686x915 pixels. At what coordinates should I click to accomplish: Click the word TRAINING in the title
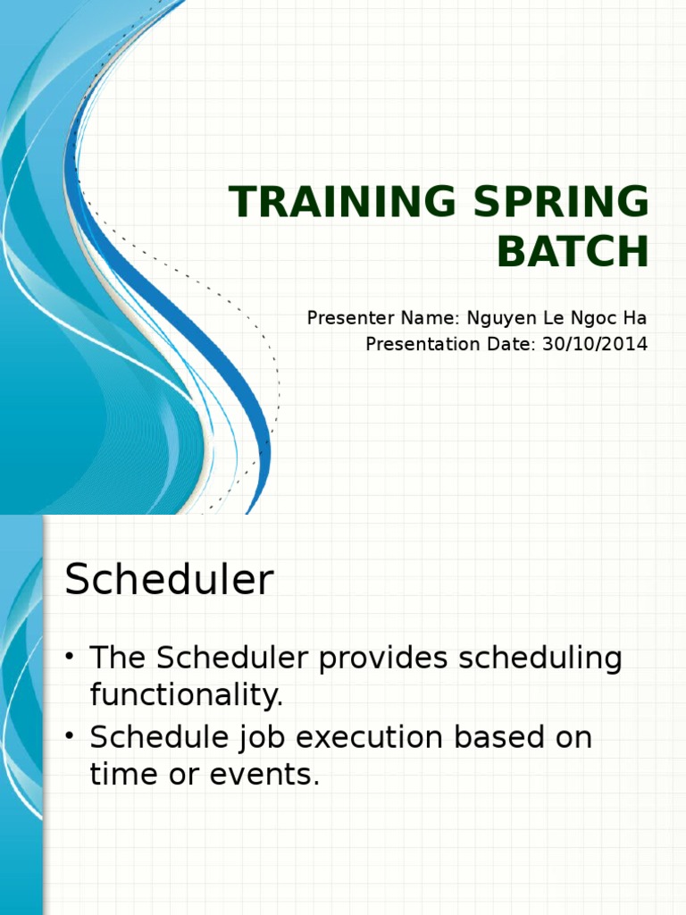(x=342, y=201)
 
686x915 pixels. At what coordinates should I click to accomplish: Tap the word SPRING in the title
(x=561, y=201)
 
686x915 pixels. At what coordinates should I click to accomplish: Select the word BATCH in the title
(x=573, y=251)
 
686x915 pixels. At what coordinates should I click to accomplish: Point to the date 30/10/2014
(x=595, y=344)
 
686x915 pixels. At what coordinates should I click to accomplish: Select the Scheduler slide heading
(x=169, y=579)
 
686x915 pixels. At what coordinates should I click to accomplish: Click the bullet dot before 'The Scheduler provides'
(x=70, y=657)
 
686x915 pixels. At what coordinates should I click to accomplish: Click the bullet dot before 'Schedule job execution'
(x=70, y=736)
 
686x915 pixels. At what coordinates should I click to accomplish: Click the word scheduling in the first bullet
(x=540, y=659)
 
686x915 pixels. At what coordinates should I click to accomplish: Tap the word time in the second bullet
(x=124, y=774)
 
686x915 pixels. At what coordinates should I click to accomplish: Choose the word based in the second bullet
(x=498, y=736)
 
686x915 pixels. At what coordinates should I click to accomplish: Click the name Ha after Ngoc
(x=635, y=318)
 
